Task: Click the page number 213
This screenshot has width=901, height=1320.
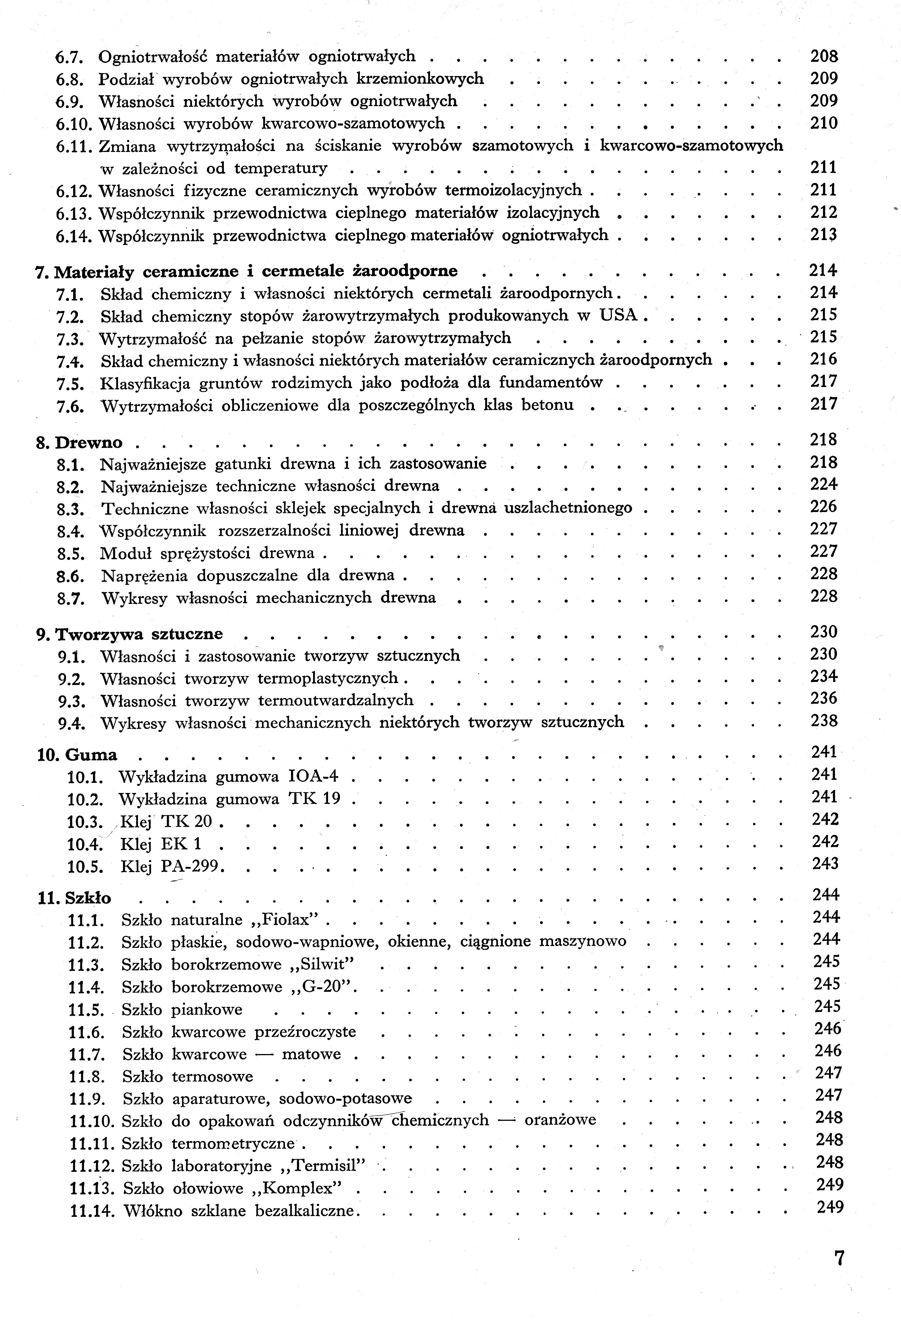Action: tap(823, 234)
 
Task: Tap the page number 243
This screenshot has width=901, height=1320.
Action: tap(825, 864)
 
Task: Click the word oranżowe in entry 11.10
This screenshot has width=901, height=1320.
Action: tap(560, 1120)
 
